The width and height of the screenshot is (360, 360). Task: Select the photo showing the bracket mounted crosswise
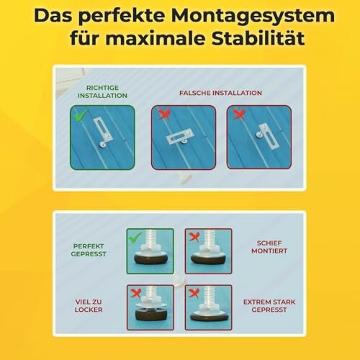click(184, 138)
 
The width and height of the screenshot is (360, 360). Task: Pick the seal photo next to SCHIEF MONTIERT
click(208, 251)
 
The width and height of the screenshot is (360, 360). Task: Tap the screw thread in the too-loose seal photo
click(151, 297)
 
